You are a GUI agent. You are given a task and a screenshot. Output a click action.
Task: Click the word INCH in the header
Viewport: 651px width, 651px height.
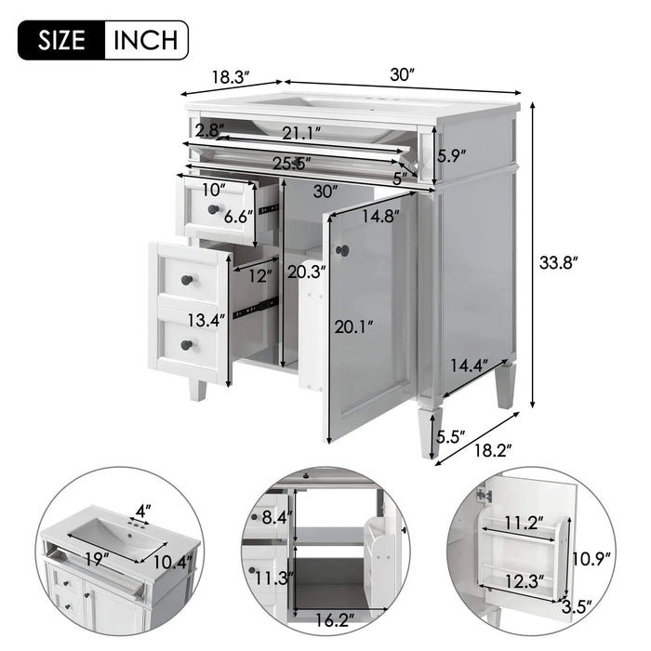pos(146,40)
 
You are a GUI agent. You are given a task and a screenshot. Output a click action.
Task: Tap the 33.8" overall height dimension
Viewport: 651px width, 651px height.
pos(562,262)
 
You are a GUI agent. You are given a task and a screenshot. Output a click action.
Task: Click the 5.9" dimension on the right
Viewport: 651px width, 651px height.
pos(451,155)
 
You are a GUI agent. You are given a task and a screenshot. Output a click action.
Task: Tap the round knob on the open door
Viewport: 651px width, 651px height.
pos(341,250)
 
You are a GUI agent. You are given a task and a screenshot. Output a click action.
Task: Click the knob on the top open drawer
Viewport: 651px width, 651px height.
pos(213,209)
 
